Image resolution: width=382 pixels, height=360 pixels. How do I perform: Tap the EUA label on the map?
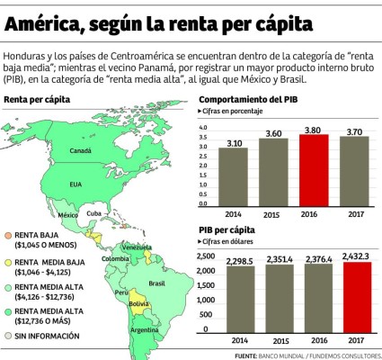[x=76, y=183]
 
